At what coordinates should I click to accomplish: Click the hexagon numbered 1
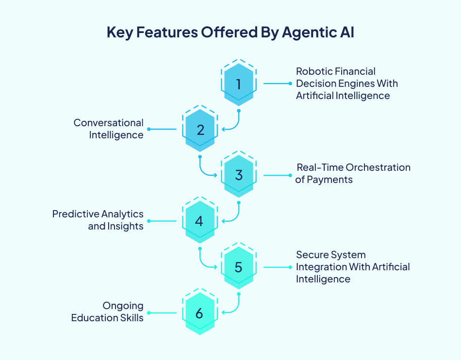click(x=238, y=84)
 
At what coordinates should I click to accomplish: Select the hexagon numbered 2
click(x=200, y=130)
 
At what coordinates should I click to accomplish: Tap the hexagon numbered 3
click(x=238, y=175)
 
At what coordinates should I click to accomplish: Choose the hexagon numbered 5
click(x=238, y=267)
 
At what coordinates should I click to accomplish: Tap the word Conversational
click(x=109, y=123)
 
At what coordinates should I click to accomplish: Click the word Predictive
click(x=75, y=214)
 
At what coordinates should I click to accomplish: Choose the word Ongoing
click(x=123, y=306)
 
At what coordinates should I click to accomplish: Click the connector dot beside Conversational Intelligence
click(x=148, y=129)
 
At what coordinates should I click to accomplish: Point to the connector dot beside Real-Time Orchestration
click(x=290, y=175)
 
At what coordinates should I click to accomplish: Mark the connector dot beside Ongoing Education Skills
click(x=148, y=313)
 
